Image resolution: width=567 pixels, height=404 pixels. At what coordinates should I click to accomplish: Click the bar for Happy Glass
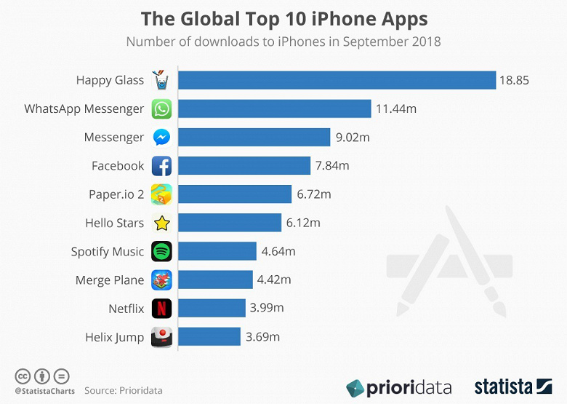tap(337, 80)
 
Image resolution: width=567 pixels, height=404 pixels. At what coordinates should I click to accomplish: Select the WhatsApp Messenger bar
tap(274, 108)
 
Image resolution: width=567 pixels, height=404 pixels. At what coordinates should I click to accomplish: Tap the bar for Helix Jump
tap(209, 336)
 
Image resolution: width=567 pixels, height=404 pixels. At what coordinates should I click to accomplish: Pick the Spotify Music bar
tap(217, 251)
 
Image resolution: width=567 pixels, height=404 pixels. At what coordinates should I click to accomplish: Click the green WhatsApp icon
tap(161, 109)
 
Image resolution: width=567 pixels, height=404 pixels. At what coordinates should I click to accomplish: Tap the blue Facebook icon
tap(161, 166)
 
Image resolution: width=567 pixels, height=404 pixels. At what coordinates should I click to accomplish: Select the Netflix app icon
tap(161, 308)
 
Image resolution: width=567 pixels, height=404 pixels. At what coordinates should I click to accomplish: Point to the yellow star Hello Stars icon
tap(161, 223)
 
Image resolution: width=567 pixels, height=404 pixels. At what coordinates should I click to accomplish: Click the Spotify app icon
tap(161, 251)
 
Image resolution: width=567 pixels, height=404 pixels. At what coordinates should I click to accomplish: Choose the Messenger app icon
tap(161, 138)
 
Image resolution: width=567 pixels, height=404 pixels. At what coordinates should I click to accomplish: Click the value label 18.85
tap(513, 80)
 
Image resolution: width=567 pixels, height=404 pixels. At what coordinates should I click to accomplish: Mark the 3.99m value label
tap(266, 308)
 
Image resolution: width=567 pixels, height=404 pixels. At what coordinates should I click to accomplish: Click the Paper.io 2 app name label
tap(116, 194)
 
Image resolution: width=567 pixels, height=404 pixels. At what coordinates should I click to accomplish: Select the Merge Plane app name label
tap(110, 280)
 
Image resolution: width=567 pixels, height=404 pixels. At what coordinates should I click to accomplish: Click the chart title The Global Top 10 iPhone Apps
tap(283, 18)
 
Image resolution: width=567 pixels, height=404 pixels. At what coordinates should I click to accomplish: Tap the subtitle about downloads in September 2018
tap(283, 41)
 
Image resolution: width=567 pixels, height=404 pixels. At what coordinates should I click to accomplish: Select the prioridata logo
tap(398, 387)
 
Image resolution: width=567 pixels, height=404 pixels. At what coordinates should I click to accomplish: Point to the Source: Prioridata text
tap(123, 391)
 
